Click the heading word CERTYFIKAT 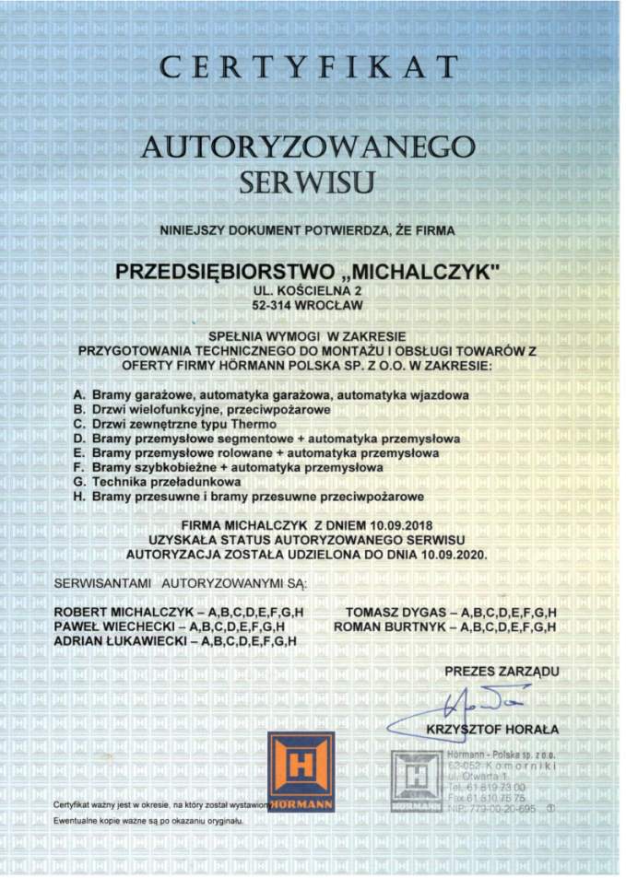pos(309,68)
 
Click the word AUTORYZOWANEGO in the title pos(309,146)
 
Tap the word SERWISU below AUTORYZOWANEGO pos(308,182)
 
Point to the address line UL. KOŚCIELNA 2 pos(309,289)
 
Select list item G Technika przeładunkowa pos(157,482)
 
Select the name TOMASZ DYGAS pos(386,613)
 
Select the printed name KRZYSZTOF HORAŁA pos(492,731)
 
